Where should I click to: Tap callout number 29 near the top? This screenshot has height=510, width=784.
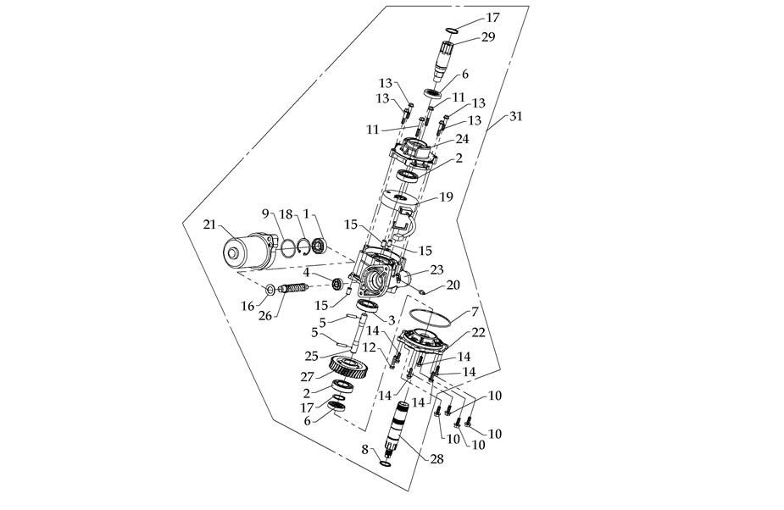pos(488,36)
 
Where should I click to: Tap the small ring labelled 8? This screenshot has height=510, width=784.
pos(386,463)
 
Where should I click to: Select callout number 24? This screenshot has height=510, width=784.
pos(462,139)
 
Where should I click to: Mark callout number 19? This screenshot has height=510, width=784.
pos(446,197)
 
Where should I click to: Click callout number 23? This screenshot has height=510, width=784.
pos(436,270)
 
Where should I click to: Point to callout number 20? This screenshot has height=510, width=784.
pos(453,285)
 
